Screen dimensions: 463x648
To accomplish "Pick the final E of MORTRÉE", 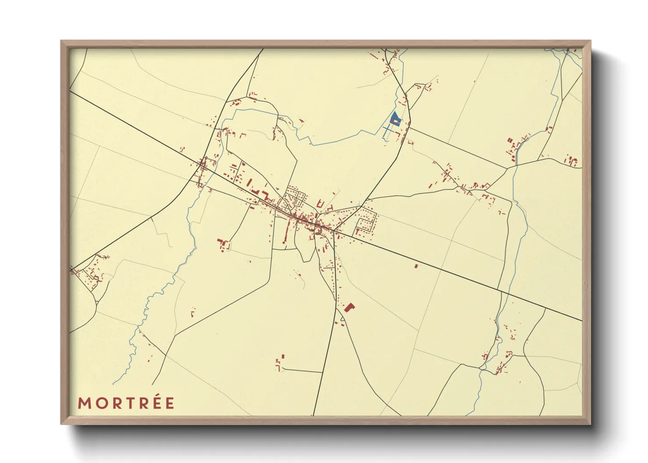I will (x=169, y=403).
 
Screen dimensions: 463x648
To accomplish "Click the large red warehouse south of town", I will (x=349, y=307).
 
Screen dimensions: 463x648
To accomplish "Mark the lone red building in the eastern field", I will (x=416, y=266).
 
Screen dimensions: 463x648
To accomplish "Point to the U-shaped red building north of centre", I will (x=320, y=204).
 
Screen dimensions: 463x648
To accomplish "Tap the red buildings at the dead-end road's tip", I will (x=279, y=363).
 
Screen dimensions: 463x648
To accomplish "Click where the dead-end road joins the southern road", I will (x=323, y=372).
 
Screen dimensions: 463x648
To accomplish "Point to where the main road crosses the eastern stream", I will (x=509, y=292).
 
